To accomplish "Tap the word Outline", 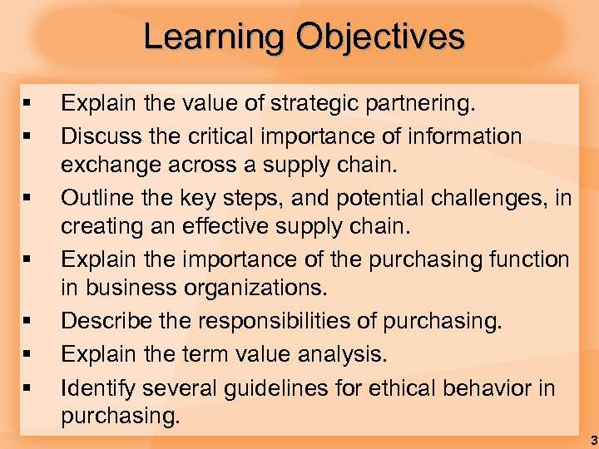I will [97, 198].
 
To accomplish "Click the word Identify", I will [98, 387].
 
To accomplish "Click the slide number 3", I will [592, 438].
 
